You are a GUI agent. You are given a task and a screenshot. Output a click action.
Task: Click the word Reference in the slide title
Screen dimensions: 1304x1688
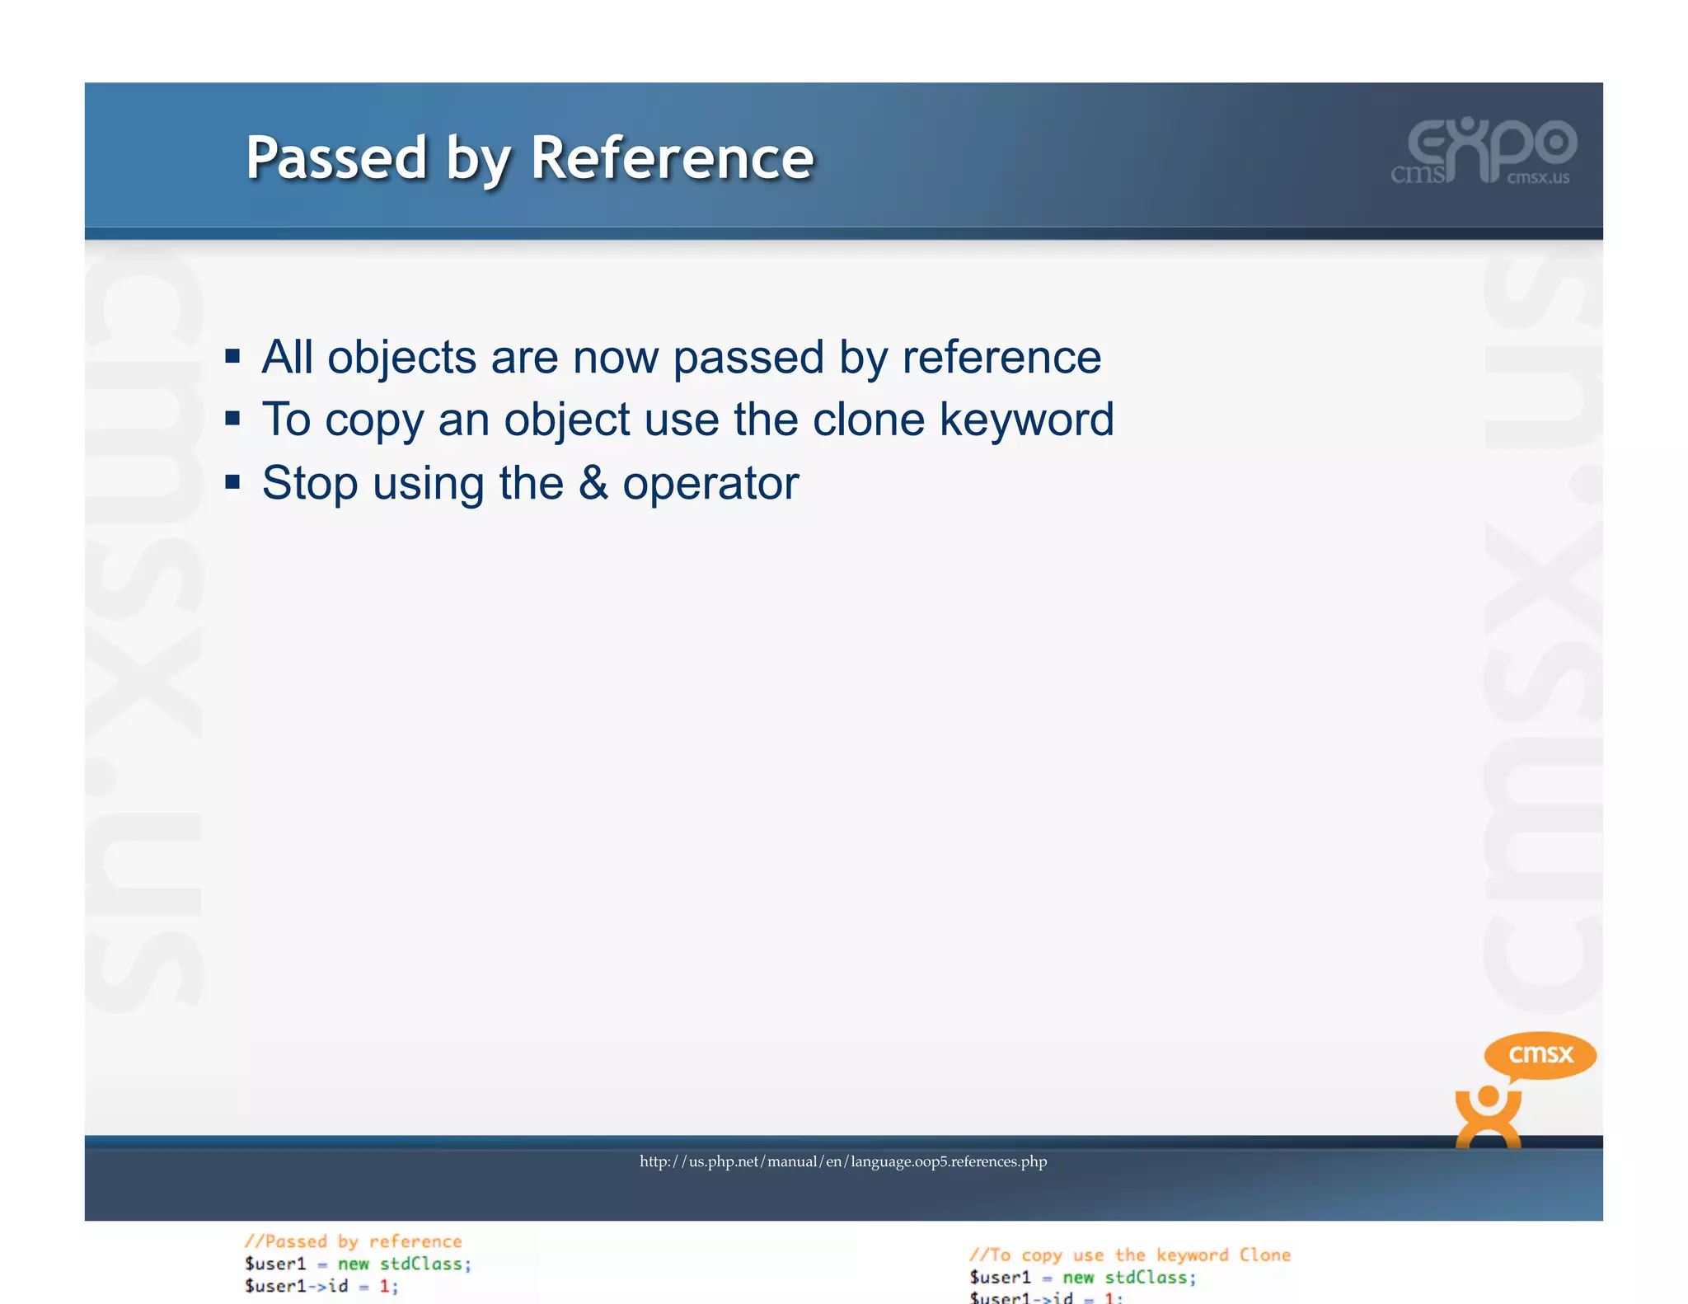(672, 157)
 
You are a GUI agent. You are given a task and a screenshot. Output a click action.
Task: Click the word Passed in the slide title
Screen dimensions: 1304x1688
(336, 157)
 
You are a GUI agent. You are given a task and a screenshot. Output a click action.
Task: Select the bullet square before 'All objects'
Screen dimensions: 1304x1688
(232, 356)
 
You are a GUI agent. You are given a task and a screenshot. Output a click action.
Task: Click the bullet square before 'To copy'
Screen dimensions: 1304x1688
(232, 419)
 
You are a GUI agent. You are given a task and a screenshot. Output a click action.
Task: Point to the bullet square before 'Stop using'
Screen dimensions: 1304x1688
(232, 481)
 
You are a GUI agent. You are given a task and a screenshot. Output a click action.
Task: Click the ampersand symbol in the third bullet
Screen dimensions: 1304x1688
(593, 482)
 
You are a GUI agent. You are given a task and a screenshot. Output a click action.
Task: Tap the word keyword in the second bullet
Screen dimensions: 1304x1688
(1027, 420)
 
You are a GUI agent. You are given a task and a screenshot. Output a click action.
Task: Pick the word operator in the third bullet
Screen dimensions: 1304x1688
(710, 484)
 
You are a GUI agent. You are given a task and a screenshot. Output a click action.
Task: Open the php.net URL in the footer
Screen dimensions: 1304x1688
(843, 1161)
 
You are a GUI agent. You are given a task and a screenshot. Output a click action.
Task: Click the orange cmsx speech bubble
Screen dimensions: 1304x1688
(1540, 1054)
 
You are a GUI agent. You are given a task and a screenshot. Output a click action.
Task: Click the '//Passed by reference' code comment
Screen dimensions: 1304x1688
(353, 1241)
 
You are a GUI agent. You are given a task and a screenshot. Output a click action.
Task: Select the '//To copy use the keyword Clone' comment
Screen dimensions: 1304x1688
(1129, 1255)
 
